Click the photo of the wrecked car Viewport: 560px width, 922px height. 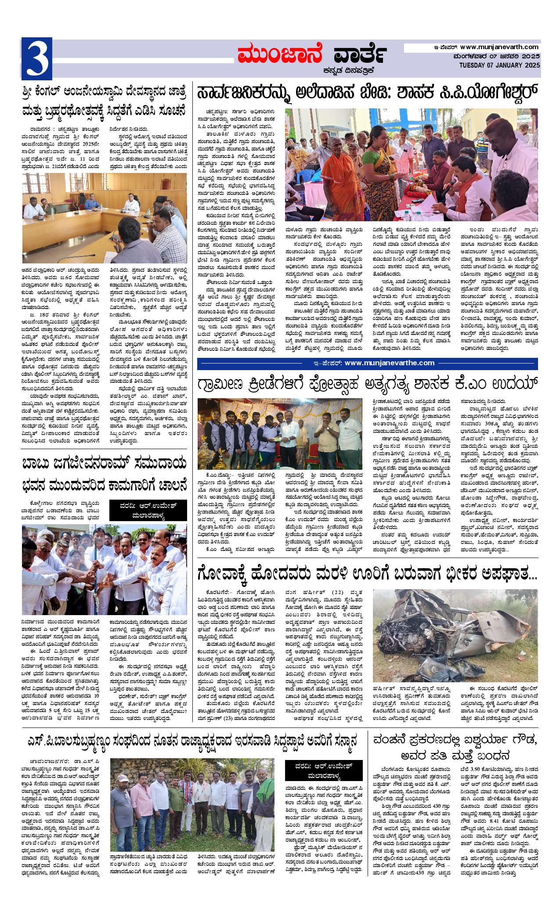coord(455,631)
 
